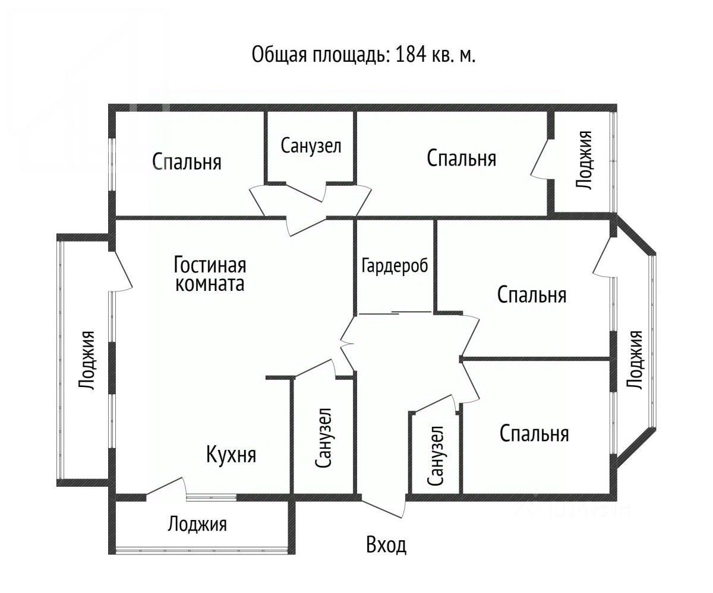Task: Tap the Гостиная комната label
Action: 210,273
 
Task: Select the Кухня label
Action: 231,455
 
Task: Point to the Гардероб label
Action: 395,265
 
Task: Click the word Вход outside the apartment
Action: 386,544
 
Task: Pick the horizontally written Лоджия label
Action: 197,524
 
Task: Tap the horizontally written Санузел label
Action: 311,146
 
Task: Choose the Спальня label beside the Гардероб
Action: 532,294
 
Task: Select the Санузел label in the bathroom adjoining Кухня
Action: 323,437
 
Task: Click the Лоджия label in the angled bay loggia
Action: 635,360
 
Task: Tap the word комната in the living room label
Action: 210,284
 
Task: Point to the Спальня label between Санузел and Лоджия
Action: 462,158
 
